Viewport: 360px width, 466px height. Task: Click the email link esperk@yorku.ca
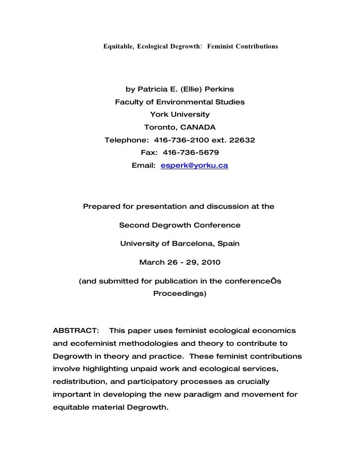194,166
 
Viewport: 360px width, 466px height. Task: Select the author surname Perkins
218,90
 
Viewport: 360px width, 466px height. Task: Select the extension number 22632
240,140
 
